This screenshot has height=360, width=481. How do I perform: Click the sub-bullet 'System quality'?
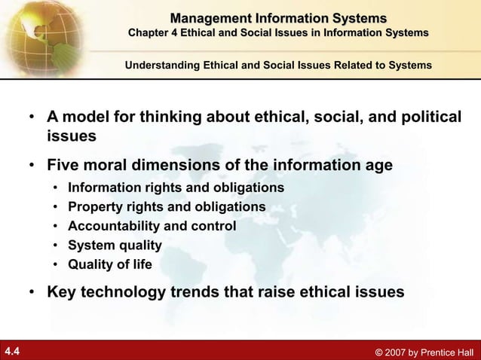tap(115, 245)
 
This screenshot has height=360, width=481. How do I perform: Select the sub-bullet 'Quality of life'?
tap(109, 264)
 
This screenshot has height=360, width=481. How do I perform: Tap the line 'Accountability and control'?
tap(152, 226)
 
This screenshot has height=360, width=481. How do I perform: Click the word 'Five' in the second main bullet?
tap(63, 165)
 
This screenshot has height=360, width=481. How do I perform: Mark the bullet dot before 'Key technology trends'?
tap(33, 292)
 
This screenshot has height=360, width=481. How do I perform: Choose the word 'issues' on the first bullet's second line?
tap(72, 137)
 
